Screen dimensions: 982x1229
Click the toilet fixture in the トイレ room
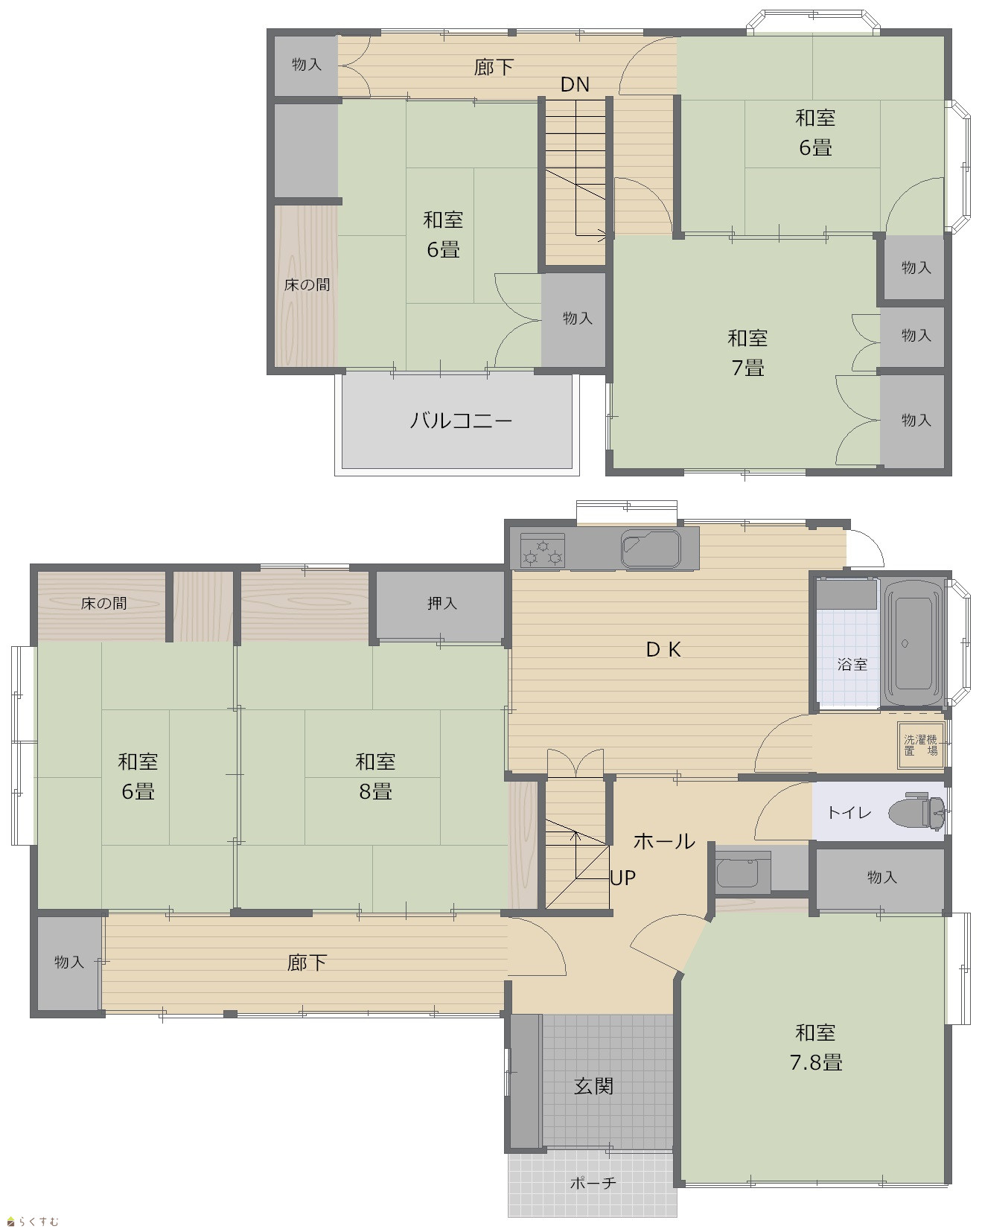[x=917, y=812]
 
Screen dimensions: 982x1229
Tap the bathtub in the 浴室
[x=914, y=644]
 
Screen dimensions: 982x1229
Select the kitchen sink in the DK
[x=651, y=549]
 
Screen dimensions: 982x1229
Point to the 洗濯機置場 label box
[x=921, y=745]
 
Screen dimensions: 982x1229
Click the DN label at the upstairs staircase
[x=575, y=85]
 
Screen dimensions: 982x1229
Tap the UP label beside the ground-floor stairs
[x=623, y=878]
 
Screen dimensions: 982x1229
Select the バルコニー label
[x=461, y=421]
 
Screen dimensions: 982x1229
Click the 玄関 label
[x=593, y=1086]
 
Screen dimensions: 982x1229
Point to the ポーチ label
[x=593, y=1182]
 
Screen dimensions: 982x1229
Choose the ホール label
[x=663, y=841]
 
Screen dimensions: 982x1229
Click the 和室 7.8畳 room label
[x=816, y=1047]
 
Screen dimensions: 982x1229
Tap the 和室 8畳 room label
[x=375, y=776]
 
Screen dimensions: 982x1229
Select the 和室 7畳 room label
[x=747, y=353]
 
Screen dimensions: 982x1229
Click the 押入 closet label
[x=441, y=603]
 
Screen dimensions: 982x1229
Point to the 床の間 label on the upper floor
[x=307, y=284]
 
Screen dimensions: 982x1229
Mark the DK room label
[x=663, y=649]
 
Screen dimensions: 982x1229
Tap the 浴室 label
[x=852, y=664]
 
